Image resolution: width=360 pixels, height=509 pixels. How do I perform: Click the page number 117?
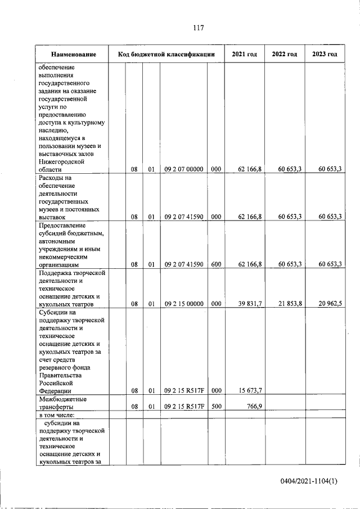click(x=197, y=28)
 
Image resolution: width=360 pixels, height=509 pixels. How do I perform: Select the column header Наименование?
click(x=73, y=55)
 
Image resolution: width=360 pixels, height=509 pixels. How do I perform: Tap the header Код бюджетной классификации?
click(x=166, y=55)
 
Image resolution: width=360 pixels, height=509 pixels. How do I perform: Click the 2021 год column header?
click(x=245, y=55)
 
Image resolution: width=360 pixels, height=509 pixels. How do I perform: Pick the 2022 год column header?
click(x=284, y=55)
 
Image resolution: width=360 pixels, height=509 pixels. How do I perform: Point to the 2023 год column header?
click(x=324, y=55)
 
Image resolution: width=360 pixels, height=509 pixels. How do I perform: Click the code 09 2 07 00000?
click(x=183, y=169)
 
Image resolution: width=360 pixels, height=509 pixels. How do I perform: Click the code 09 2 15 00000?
click(x=183, y=304)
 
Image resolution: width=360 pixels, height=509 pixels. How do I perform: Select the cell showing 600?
click(x=216, y=264)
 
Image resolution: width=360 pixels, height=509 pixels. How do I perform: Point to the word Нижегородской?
click(x=61, y=161)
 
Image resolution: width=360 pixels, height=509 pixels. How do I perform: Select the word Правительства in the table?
click(x=61, y=375)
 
